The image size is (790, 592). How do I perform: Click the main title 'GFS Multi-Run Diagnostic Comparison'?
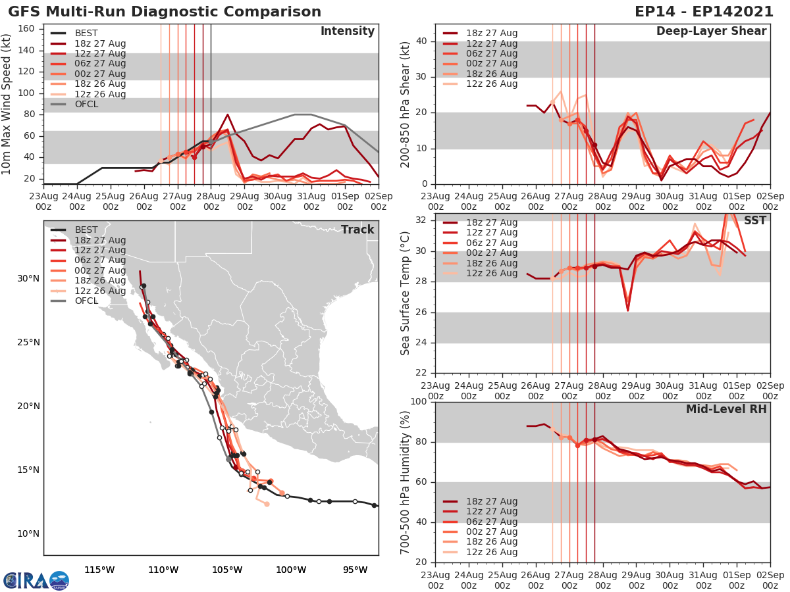tap(165, 12)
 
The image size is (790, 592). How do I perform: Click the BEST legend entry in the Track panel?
tap(86, 230)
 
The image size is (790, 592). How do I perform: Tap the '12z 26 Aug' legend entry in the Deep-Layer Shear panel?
tap(490, 84)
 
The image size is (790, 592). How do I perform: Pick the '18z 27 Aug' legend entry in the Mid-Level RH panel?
tap(490, 501)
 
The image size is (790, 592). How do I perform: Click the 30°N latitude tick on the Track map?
tap(28, 278)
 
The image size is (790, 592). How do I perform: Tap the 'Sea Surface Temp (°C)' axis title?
tap(406, 292)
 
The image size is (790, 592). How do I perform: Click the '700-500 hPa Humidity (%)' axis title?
tap(406, 481)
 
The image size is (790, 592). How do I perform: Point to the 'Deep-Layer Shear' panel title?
tap(711, 32)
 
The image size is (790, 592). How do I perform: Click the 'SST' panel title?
tap(754, 220)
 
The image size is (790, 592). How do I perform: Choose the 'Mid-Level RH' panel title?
tap(726, 409)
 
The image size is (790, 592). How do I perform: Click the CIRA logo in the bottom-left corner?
tap(36, 580)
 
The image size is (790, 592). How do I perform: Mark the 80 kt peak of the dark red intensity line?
tap(227, 114)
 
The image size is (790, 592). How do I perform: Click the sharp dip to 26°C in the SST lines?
tap(627, 310)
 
